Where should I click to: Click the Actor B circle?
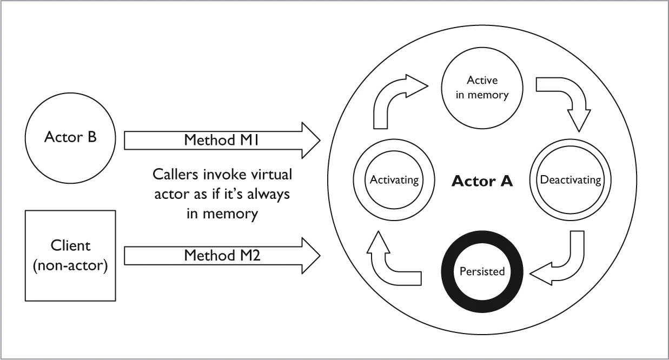coord(70,138)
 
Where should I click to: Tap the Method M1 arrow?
coord(222,140)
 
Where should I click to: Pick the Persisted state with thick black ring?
coord(482,271)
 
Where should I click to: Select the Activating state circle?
coord(394,179)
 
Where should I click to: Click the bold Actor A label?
coord(482,181)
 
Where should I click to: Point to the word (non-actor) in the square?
coord(70,265)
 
